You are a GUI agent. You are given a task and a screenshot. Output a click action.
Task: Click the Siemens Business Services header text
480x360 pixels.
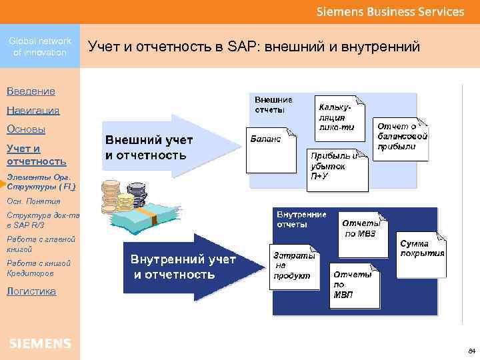(x=390, y=12)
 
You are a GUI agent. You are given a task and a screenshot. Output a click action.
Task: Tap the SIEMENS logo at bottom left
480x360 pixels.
(x=40, y=343)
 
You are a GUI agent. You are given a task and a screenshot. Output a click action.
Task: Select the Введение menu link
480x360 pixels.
(x=31, y=91)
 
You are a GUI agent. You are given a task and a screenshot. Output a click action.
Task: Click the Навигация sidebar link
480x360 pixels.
(x=33, y=110)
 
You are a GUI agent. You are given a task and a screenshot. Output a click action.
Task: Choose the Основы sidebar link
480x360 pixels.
(x=26, y=129)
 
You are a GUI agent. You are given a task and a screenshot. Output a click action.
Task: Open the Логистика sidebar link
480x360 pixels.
(x=31, y=291)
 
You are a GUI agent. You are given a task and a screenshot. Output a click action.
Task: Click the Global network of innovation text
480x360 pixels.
(x=40, y=47)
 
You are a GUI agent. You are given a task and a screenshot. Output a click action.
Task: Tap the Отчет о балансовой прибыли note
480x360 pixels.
(x=401, y=136)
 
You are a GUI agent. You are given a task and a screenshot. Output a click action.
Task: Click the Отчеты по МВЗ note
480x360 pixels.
(x=361, y=230)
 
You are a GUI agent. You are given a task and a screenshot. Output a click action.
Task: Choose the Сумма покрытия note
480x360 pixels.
(x=422, y=251)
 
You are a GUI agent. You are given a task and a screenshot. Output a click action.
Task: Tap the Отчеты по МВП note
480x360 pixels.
(x=354, y=285)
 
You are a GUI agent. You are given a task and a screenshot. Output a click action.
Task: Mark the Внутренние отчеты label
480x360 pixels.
(x=301, y=219)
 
